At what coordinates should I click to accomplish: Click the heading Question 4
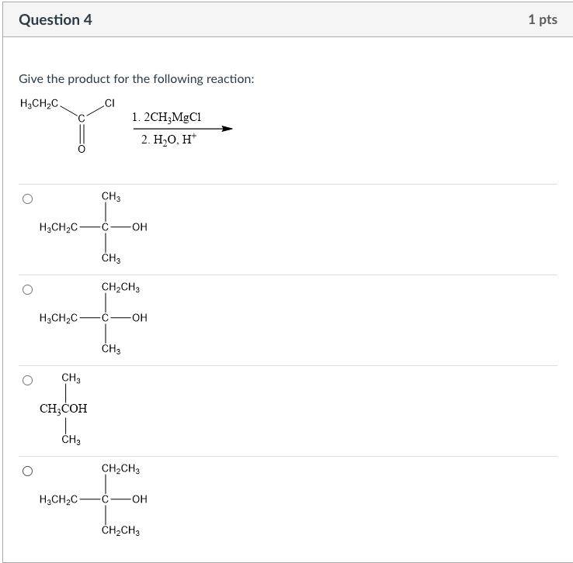pyautogui.click(x=55, y=20)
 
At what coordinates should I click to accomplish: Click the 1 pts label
pyautogui.click(x=542, y=20)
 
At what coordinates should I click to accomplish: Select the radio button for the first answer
pyautogui.click(x=27, y=199)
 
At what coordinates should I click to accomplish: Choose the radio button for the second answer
pyautogui.click(x=27, y=290)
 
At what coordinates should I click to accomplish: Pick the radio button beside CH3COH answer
pyautogui.click(x=27, y=381)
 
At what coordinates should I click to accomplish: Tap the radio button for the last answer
pyautogui.click(x=27, y=471)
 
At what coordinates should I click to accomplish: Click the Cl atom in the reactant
pyautogui.click(x=109, y=102)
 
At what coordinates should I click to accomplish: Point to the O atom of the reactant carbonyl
pyautogui.click(x=80, y=150)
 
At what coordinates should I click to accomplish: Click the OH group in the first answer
pyautogui.click(x=139, y=227)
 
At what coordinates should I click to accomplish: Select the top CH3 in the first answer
pyautogui.click(x=110, y=198)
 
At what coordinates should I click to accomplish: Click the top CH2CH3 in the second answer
pyautogui.click(x=120, y=288)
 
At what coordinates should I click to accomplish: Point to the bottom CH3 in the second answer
pyautogui.click(x=110, y=349)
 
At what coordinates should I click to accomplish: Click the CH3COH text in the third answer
pyautogui.click(x=63, y=409)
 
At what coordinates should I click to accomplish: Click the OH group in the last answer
pyautogui.click(x=139, y=499)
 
